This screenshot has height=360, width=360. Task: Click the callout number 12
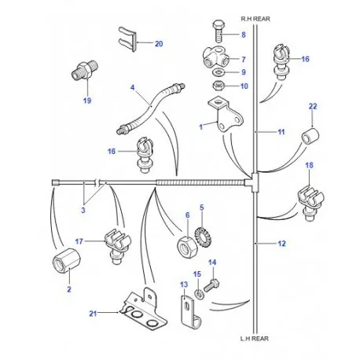coord(281,244)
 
